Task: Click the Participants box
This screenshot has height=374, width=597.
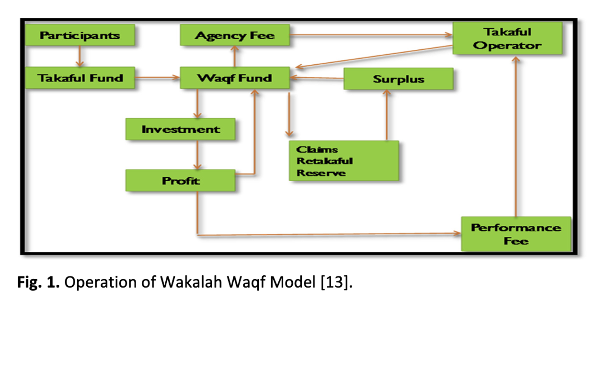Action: point(80,35)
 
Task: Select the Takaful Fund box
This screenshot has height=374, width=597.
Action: point(80,78)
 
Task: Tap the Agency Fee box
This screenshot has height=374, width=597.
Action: point(235,35)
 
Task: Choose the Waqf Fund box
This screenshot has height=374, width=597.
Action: point(235,78)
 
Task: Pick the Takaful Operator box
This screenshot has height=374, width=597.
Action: point(507,38)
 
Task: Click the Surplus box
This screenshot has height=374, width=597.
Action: point(399,79)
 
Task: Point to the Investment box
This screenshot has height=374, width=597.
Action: point(181,129)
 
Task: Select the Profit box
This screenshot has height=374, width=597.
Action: point(181,180)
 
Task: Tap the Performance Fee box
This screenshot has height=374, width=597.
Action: point(516,234)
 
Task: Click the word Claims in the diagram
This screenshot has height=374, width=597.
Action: point(317,150)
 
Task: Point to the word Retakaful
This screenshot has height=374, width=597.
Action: point(325,161)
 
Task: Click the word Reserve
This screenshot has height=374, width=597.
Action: point(321,173)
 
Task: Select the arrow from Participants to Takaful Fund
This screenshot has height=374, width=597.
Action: point(80,56)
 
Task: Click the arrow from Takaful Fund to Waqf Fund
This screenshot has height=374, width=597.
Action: point(158,78)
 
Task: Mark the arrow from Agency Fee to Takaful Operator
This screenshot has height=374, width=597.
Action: point(371,35)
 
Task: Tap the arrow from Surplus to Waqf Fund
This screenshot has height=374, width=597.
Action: point(317,78)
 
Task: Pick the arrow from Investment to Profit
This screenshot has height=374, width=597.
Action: point(197,155)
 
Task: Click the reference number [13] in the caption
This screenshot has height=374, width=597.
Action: point(334,282)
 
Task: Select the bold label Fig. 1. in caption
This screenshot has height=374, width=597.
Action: point(38,282)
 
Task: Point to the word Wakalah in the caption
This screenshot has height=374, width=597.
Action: point(191,282)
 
